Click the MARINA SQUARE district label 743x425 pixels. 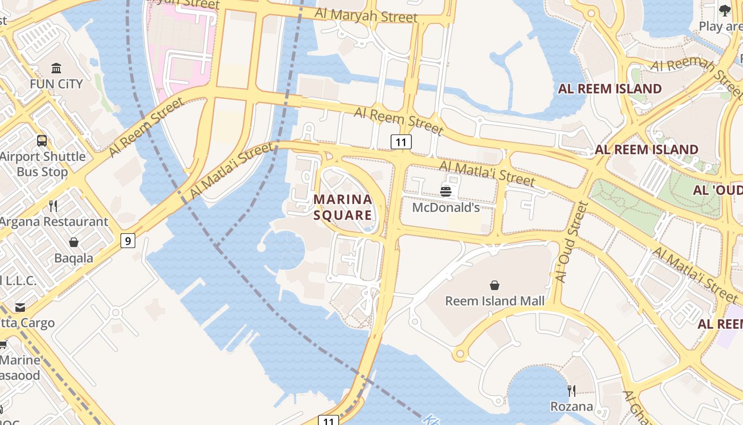coord(343,207)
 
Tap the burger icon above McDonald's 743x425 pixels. coord(446,191)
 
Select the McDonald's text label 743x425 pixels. coord(446,208)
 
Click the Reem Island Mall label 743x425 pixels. coord(495,301)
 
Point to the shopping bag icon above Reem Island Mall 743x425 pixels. coord(495,285)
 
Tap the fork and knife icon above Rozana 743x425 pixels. coord(572,391)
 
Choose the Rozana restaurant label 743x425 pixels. coord(572,406)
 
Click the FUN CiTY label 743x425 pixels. coord(56,84)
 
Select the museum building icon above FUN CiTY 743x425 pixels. coord(56,68)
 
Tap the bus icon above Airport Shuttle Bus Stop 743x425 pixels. coord(42,141)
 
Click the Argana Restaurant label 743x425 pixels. coord(54,222)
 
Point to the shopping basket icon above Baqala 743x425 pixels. coord(74,242)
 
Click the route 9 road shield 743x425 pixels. coord(127,241)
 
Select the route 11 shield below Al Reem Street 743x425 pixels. coord(401,142)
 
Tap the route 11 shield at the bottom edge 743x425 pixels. coord(329,421)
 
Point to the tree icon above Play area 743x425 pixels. coord(725,11)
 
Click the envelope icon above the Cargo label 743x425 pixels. coord(20,308)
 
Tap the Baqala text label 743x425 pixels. coord(74,258)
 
